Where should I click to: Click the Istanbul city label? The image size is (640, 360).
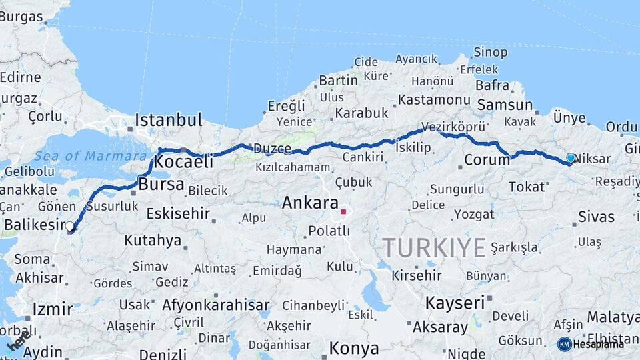(x=168, y=120)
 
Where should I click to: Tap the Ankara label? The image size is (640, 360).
(x=310, y=203)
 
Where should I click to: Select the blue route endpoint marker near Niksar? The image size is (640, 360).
(x=571, y=158)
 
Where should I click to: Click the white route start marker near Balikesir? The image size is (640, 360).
(x=70, y=227)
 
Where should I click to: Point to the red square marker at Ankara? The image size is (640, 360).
(x=343, y=212)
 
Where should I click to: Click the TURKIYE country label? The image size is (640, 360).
(x=434, y=247)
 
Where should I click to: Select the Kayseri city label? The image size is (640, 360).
(x=455, y=303)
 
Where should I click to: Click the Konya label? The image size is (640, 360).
(x=354, y=348)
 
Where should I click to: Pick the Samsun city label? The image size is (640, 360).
(x=505, y=105)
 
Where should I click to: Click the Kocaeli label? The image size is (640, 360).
(x=183, y=161)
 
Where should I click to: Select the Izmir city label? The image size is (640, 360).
(x=52, y=309)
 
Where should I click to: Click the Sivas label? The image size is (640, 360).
(x=596, y=216)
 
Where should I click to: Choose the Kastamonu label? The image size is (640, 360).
(x=434, y=100)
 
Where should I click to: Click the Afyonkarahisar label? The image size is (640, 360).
(x=215, y=305)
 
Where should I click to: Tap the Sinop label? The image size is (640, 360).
(x=490, y=52)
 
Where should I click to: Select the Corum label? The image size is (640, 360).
(x=487, y=160)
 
